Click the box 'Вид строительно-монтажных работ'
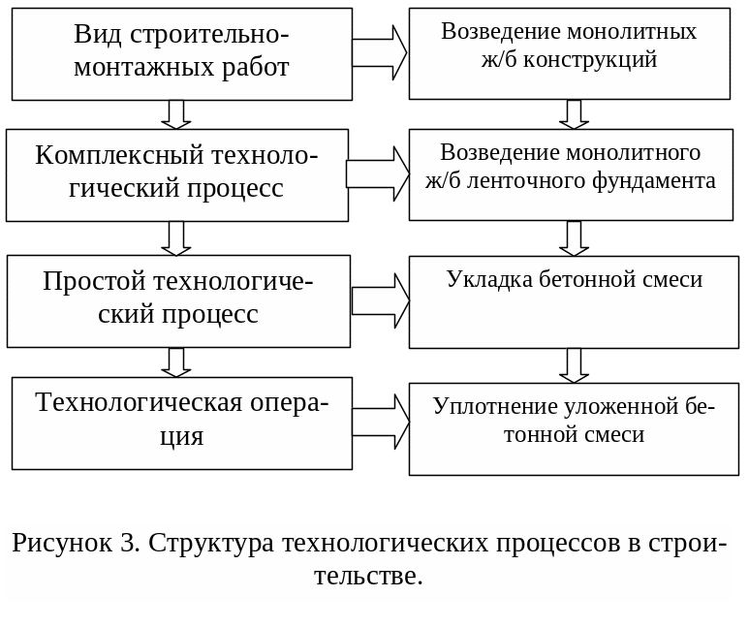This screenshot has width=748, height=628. click(x=181, y=54)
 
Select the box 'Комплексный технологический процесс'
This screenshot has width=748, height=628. click(x=176, y=175)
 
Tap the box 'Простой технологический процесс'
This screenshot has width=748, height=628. click(x=178, y=300)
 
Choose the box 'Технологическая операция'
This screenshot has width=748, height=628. click(x=181, y=423)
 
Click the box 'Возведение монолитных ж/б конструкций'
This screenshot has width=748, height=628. click(x=569, y=54)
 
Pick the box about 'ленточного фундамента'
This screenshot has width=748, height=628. click(x=573, y=175)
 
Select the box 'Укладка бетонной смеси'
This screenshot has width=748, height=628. click(x=574, y=302)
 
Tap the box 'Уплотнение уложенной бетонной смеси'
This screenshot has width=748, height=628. click(x=574, y=428)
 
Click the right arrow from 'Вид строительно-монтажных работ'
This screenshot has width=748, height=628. click(x=379, y=52)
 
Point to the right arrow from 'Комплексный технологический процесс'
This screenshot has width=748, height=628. click(x=377, y=173)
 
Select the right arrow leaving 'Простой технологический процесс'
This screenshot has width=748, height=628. click(x=379, y=300)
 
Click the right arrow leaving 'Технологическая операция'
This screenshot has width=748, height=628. click(x=379, y=422)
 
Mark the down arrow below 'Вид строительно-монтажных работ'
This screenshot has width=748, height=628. click(x=175, y=114)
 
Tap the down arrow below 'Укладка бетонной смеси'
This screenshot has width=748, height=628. click(x=574, y=365)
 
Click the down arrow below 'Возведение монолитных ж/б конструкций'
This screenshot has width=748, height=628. click(x=574, y=114)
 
